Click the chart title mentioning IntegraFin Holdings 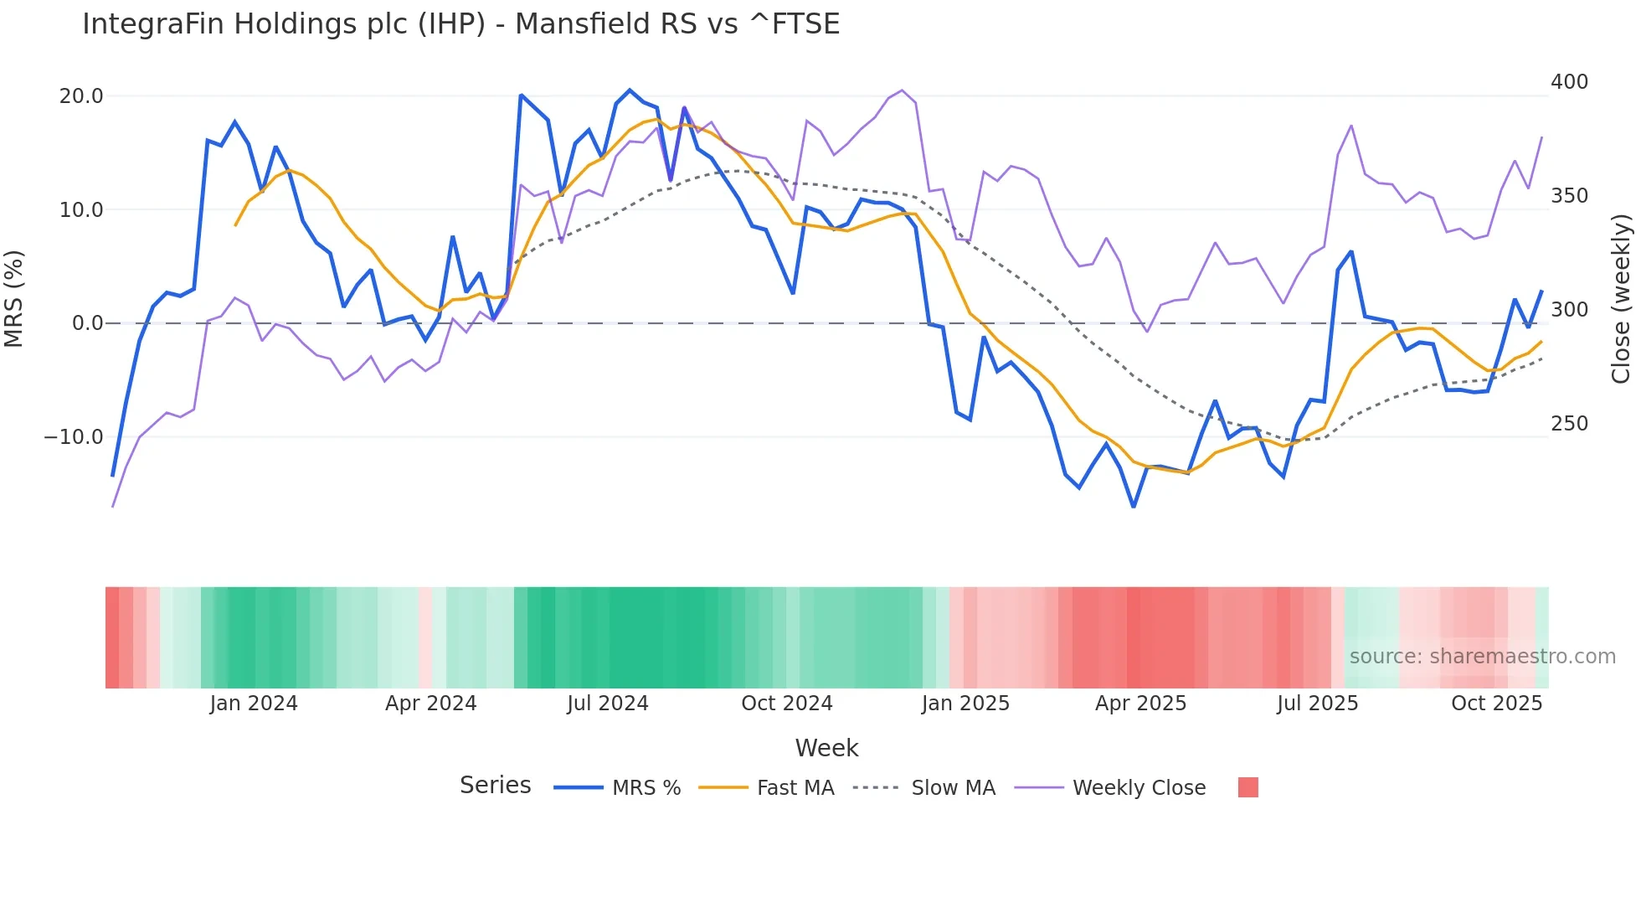[460, 24]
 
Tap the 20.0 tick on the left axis [81, 96]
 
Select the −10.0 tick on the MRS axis [74, 437]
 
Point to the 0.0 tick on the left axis [87, 323]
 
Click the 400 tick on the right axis [1569, 82]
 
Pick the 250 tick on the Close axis [1569, 424]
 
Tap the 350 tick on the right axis [1569, 196]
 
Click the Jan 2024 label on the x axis [254, 704]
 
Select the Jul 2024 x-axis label [608, 704]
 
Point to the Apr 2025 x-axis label [1140, 704]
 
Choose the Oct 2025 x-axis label [1496, 704]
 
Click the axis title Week [826, 748]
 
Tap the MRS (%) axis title [14, 299]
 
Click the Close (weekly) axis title [1621, 299]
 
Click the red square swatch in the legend [1247, 787]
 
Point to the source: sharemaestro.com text [1482, 657]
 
